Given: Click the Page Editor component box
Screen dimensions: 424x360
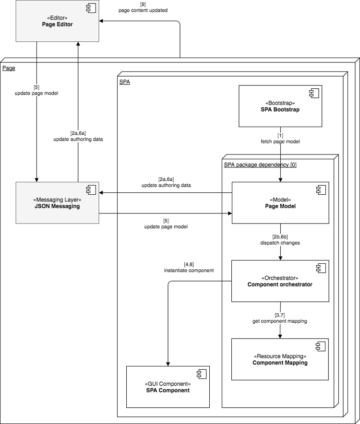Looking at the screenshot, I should tap(57, 21).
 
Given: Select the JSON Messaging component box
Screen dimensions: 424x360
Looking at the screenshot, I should tap(57, 203).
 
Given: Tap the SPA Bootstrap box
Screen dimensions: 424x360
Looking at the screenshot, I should tap(280, 106).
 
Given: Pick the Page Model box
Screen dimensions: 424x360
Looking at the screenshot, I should tap(280, 203).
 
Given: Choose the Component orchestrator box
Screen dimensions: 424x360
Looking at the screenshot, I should tap(280, 281).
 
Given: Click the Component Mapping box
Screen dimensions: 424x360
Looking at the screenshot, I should tap(280, 359).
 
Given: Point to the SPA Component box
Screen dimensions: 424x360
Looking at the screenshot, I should tap(168, 387).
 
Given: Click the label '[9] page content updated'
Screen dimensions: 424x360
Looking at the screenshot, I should tap(143, 7).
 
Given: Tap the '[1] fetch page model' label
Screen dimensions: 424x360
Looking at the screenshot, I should tap(280, 139).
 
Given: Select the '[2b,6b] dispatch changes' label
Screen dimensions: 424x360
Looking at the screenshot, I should tap(280, 239).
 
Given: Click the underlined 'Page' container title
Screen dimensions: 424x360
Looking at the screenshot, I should tap(9, 68).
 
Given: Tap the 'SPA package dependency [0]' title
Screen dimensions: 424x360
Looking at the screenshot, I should tap(260, 165).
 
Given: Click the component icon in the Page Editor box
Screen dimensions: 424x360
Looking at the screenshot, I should tap(91, 8).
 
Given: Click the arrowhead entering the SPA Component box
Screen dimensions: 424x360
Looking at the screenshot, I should tap(168, 363).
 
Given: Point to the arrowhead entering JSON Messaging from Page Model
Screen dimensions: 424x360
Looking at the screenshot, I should tap(102, 193).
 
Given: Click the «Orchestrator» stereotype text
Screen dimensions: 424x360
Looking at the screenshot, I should tap(280, 278).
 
